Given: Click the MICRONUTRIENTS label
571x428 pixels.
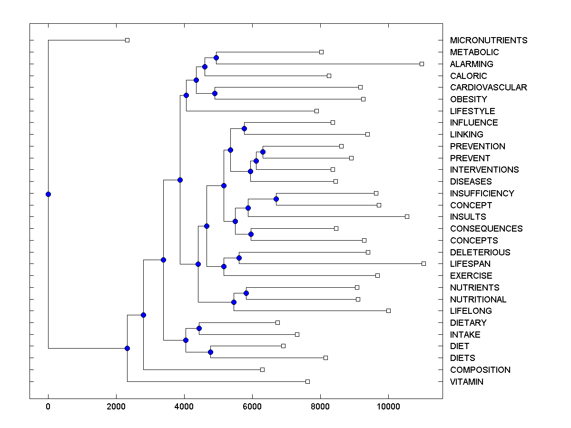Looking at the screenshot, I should pos(489,40).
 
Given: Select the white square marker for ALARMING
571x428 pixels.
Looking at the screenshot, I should pos(422,64).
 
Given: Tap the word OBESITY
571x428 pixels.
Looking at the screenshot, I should pos(468,99).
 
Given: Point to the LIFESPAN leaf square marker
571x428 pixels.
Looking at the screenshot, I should pos(423,263).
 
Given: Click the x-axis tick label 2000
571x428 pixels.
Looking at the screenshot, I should pos(116,407).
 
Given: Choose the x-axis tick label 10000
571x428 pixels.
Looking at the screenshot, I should pos(388,407).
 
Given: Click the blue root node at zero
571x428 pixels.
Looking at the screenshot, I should pos(48,194).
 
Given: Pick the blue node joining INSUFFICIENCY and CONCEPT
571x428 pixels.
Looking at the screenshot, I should pos(276,199).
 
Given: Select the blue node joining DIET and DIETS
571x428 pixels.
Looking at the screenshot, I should pos(210,352).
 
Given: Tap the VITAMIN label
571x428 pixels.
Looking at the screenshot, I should pos(466,382).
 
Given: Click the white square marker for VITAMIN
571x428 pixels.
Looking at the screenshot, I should pos(307,381).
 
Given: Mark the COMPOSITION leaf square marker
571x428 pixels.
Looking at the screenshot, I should pos(262,370).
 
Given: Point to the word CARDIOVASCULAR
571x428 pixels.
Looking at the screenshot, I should pos(488,88).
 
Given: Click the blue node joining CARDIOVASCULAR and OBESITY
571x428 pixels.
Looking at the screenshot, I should pos(215,93).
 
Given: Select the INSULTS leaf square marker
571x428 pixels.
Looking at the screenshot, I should pos(407,216).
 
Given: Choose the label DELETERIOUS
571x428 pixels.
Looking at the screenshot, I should pos(480,253).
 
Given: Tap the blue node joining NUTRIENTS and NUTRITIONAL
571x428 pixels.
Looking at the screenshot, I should pos(246,293).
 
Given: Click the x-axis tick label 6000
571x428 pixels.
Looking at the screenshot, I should pos(252,407).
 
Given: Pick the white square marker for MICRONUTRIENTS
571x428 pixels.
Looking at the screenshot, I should pos(127,40).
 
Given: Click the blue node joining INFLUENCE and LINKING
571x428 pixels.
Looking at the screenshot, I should pos(244,128).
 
